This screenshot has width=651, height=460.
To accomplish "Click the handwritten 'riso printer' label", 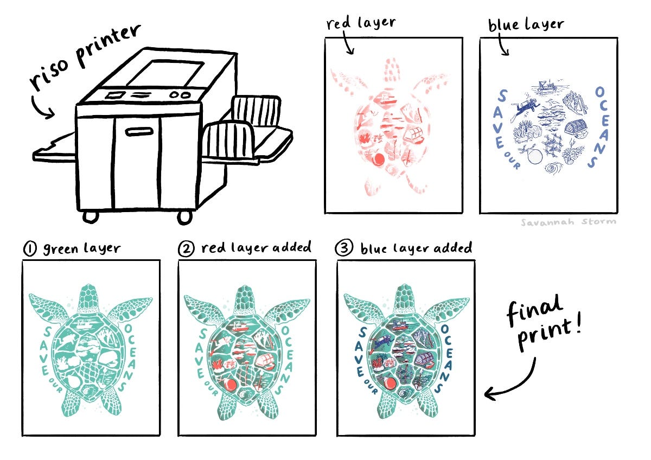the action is (x=84, y=58).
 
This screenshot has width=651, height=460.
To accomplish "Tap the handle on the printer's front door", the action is (x=139, y=132).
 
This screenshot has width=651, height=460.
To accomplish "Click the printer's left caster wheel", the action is (x=91, y=217).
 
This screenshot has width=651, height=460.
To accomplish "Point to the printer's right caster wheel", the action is (x=185, y=218).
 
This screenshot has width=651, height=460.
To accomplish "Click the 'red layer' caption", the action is (x=361, y=23).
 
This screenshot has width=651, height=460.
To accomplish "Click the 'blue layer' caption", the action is (x=526, y=24).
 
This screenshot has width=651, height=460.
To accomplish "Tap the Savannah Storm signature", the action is (x=568, y=222).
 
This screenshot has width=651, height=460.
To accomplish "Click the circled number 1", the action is (x=30, y=249).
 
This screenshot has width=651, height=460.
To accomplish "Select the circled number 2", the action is (x=186, y=249).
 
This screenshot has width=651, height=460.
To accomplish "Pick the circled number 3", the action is (x=344, y=248).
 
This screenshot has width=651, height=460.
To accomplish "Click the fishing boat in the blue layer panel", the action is (x=546, y=87).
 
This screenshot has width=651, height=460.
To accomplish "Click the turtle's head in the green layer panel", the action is (x=88, y=298).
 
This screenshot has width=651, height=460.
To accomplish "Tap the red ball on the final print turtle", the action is (x=389, y=384).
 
